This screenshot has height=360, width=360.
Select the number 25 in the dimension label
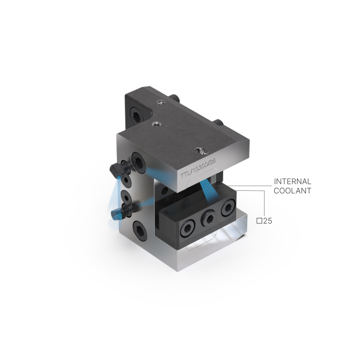(268, 221)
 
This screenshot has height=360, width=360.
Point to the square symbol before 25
(260, 221)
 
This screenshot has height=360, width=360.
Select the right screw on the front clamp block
(227, 208)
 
